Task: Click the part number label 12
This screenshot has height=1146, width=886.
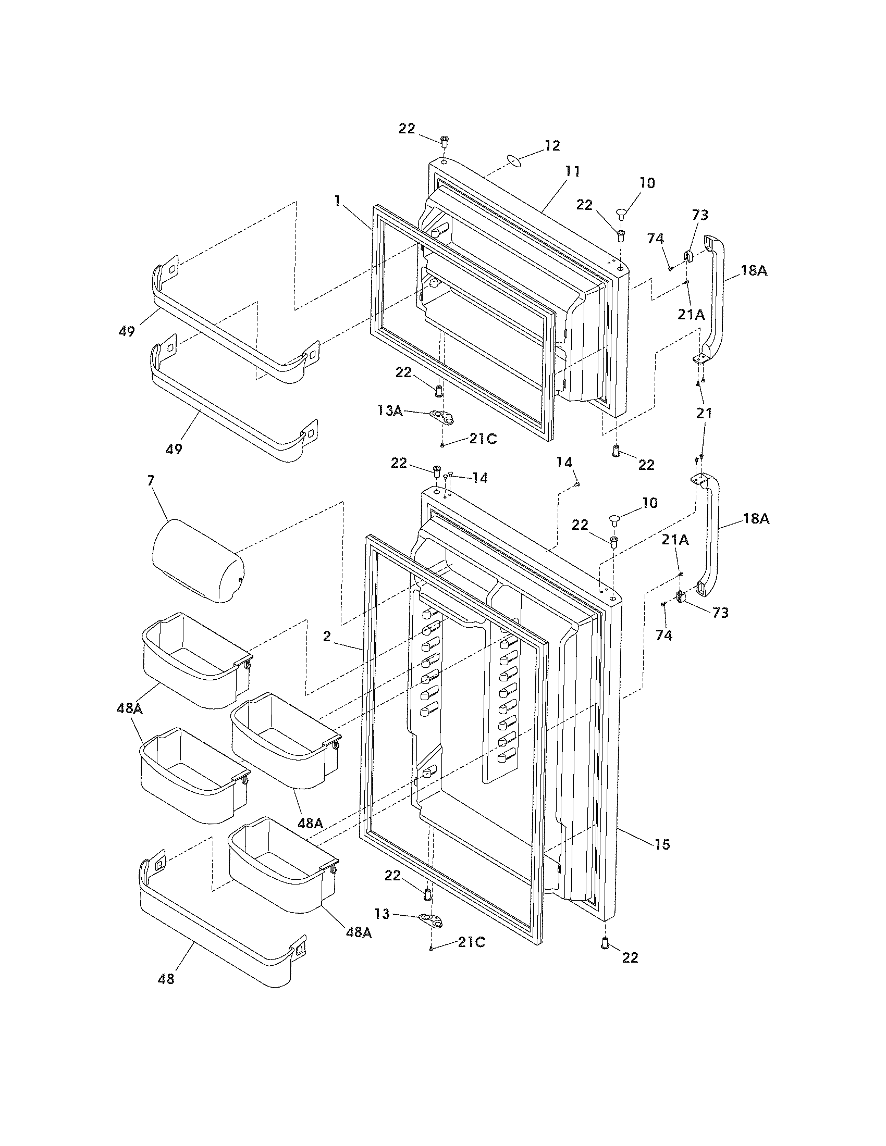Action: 551,146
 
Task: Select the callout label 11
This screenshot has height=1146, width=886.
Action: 572,171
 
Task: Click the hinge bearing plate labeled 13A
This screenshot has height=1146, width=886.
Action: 442,417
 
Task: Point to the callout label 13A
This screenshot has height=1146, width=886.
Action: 390,411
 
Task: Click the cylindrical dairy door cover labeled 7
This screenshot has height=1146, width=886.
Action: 198,561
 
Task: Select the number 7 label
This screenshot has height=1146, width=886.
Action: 151,480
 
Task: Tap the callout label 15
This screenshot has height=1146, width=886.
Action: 662,844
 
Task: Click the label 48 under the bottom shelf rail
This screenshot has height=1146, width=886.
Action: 166,979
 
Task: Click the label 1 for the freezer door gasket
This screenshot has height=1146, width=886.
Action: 337,200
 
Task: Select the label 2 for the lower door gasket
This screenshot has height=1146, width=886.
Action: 327,637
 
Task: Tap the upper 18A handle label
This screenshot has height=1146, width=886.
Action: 754,271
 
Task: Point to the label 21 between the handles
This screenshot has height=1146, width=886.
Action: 704,413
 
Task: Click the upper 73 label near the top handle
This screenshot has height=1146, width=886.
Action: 700,215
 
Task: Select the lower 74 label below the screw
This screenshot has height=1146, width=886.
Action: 664,636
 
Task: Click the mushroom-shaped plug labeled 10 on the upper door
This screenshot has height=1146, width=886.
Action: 622,214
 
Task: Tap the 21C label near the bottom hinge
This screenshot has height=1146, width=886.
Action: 471,942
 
